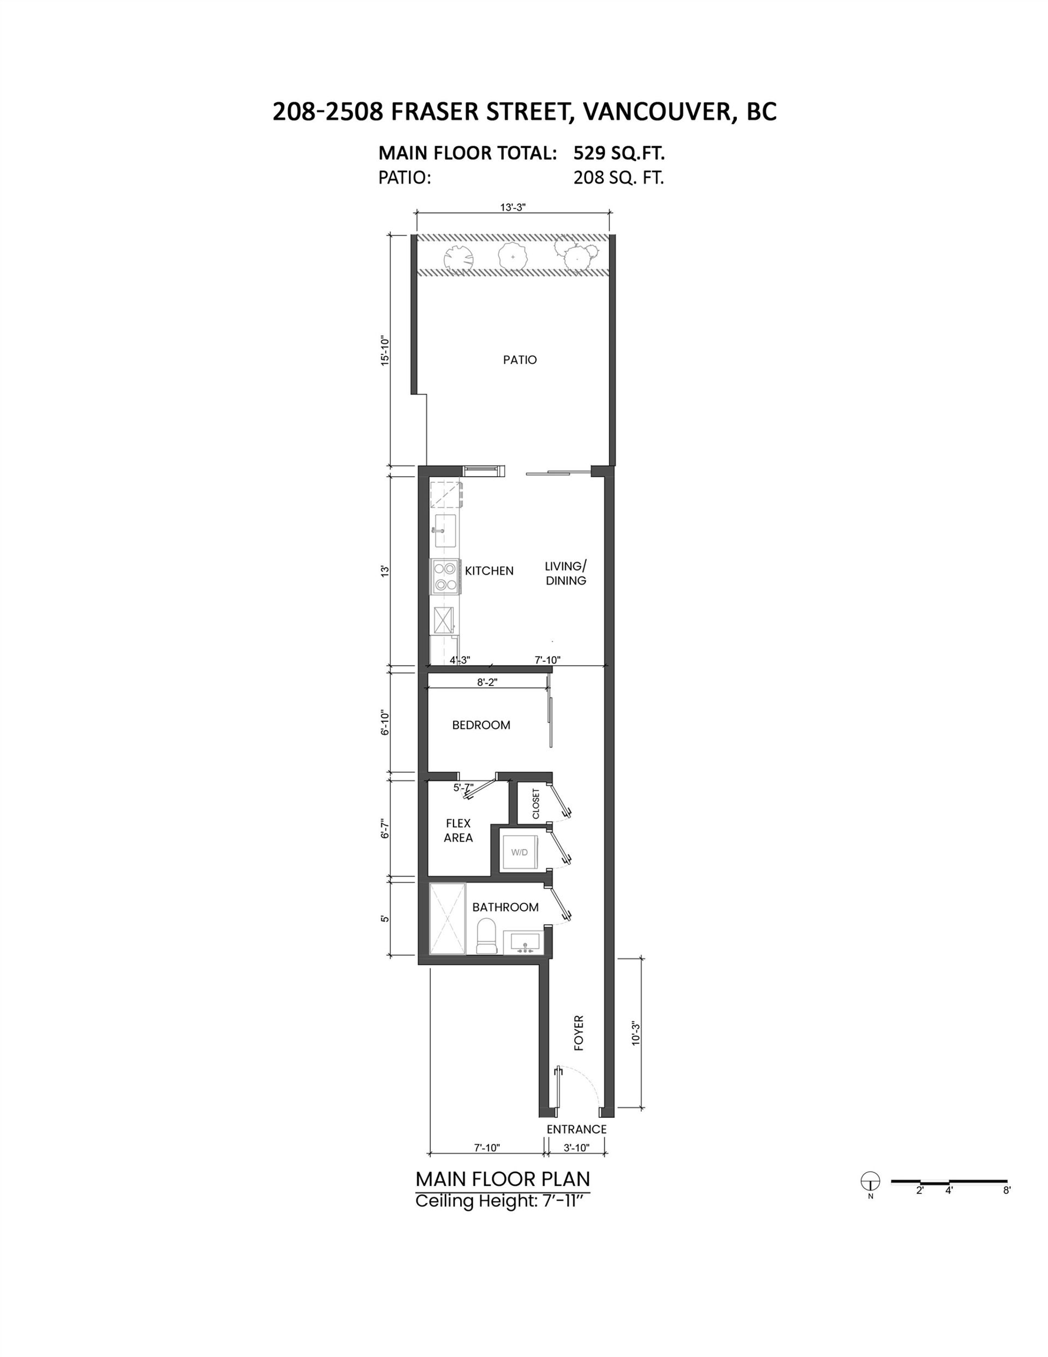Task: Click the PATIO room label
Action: coord(519,360)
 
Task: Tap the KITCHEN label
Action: coord(489,571)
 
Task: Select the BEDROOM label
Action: coord(481,725)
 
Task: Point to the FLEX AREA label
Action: coord(458,830)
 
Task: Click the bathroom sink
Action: coord(523,942)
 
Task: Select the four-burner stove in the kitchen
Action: coord(445,576)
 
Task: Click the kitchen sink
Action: coord(445,531)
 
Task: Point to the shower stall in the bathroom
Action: coord(446,918)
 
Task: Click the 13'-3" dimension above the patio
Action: coord(513,208)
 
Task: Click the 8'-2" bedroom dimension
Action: coord(487,682)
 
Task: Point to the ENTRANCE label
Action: coord(576,1129)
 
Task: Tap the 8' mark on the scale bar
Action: coord(1007,1191)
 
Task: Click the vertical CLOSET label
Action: coord(536,803)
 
